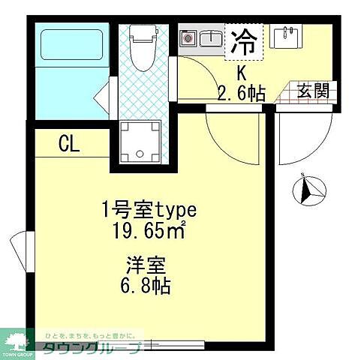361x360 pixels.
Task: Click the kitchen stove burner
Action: (188, 37)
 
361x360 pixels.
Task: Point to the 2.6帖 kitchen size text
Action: (242, 93)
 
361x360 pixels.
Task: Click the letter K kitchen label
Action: (242, 73)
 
